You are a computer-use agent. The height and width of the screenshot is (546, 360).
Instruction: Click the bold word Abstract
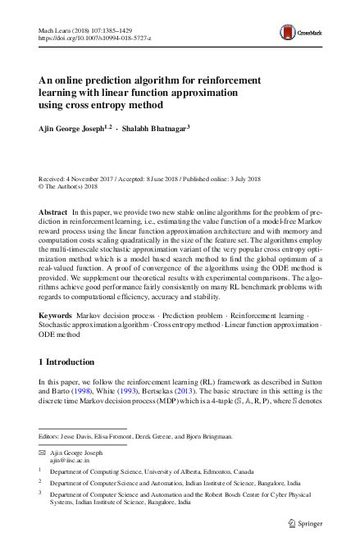coord(53,212)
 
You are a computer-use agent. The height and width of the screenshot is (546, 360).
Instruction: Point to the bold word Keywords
coord(56,315)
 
